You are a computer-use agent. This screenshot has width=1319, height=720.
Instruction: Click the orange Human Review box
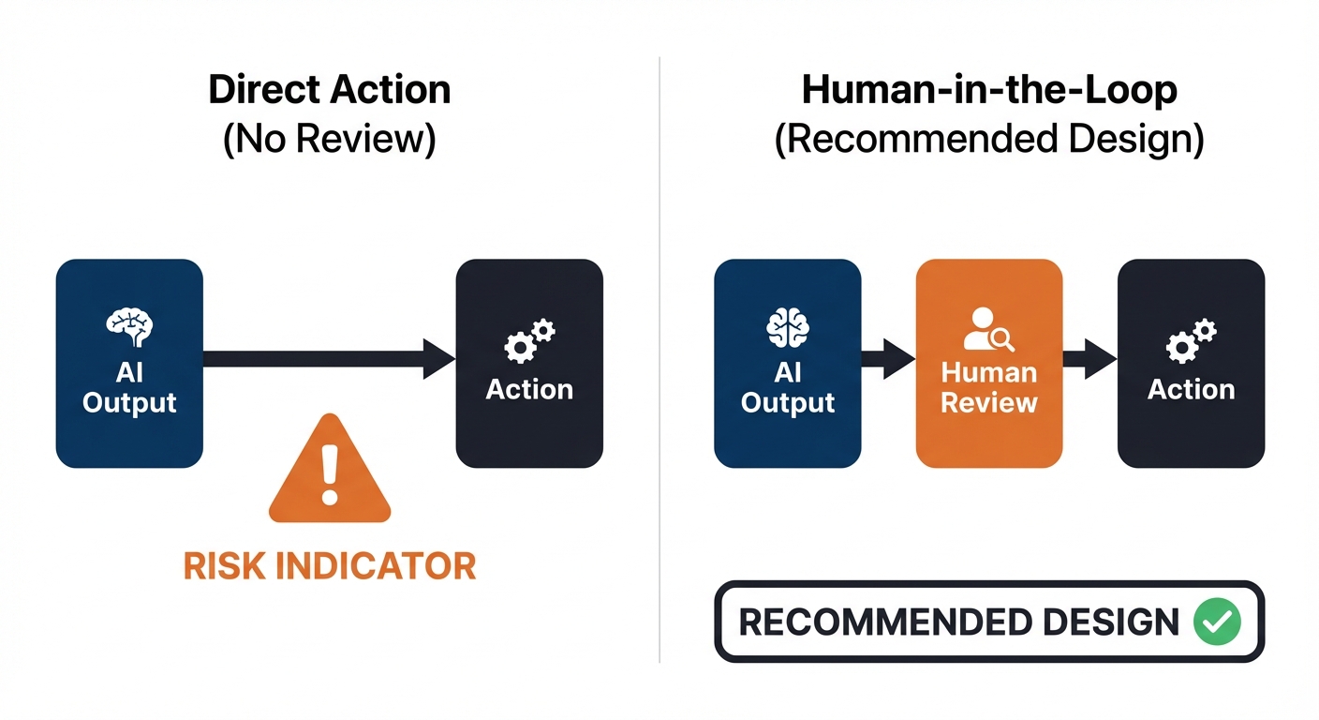point(988,364)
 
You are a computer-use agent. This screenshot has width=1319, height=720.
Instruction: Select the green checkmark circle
point(1217,622)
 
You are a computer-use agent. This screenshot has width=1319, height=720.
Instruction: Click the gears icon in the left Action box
point(529,341)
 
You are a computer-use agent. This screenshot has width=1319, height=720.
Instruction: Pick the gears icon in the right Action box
point(1191,341)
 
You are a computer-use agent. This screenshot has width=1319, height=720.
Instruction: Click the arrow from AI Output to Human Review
point(887,359)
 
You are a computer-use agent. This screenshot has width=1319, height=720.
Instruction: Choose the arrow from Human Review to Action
point(1089,359)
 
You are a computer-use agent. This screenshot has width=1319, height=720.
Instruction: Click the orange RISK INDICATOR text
point(329,565)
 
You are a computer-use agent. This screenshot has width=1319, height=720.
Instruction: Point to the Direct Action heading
point(329,90)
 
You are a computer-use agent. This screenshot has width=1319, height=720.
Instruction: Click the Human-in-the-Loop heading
point(988,90)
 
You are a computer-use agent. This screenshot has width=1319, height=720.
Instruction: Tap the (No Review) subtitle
point(329,140)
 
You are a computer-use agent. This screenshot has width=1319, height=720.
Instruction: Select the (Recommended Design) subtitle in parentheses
point(988,140)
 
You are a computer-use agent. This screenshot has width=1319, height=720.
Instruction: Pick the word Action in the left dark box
point(529,389)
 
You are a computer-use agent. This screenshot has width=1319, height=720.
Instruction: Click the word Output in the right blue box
point(787,402)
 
